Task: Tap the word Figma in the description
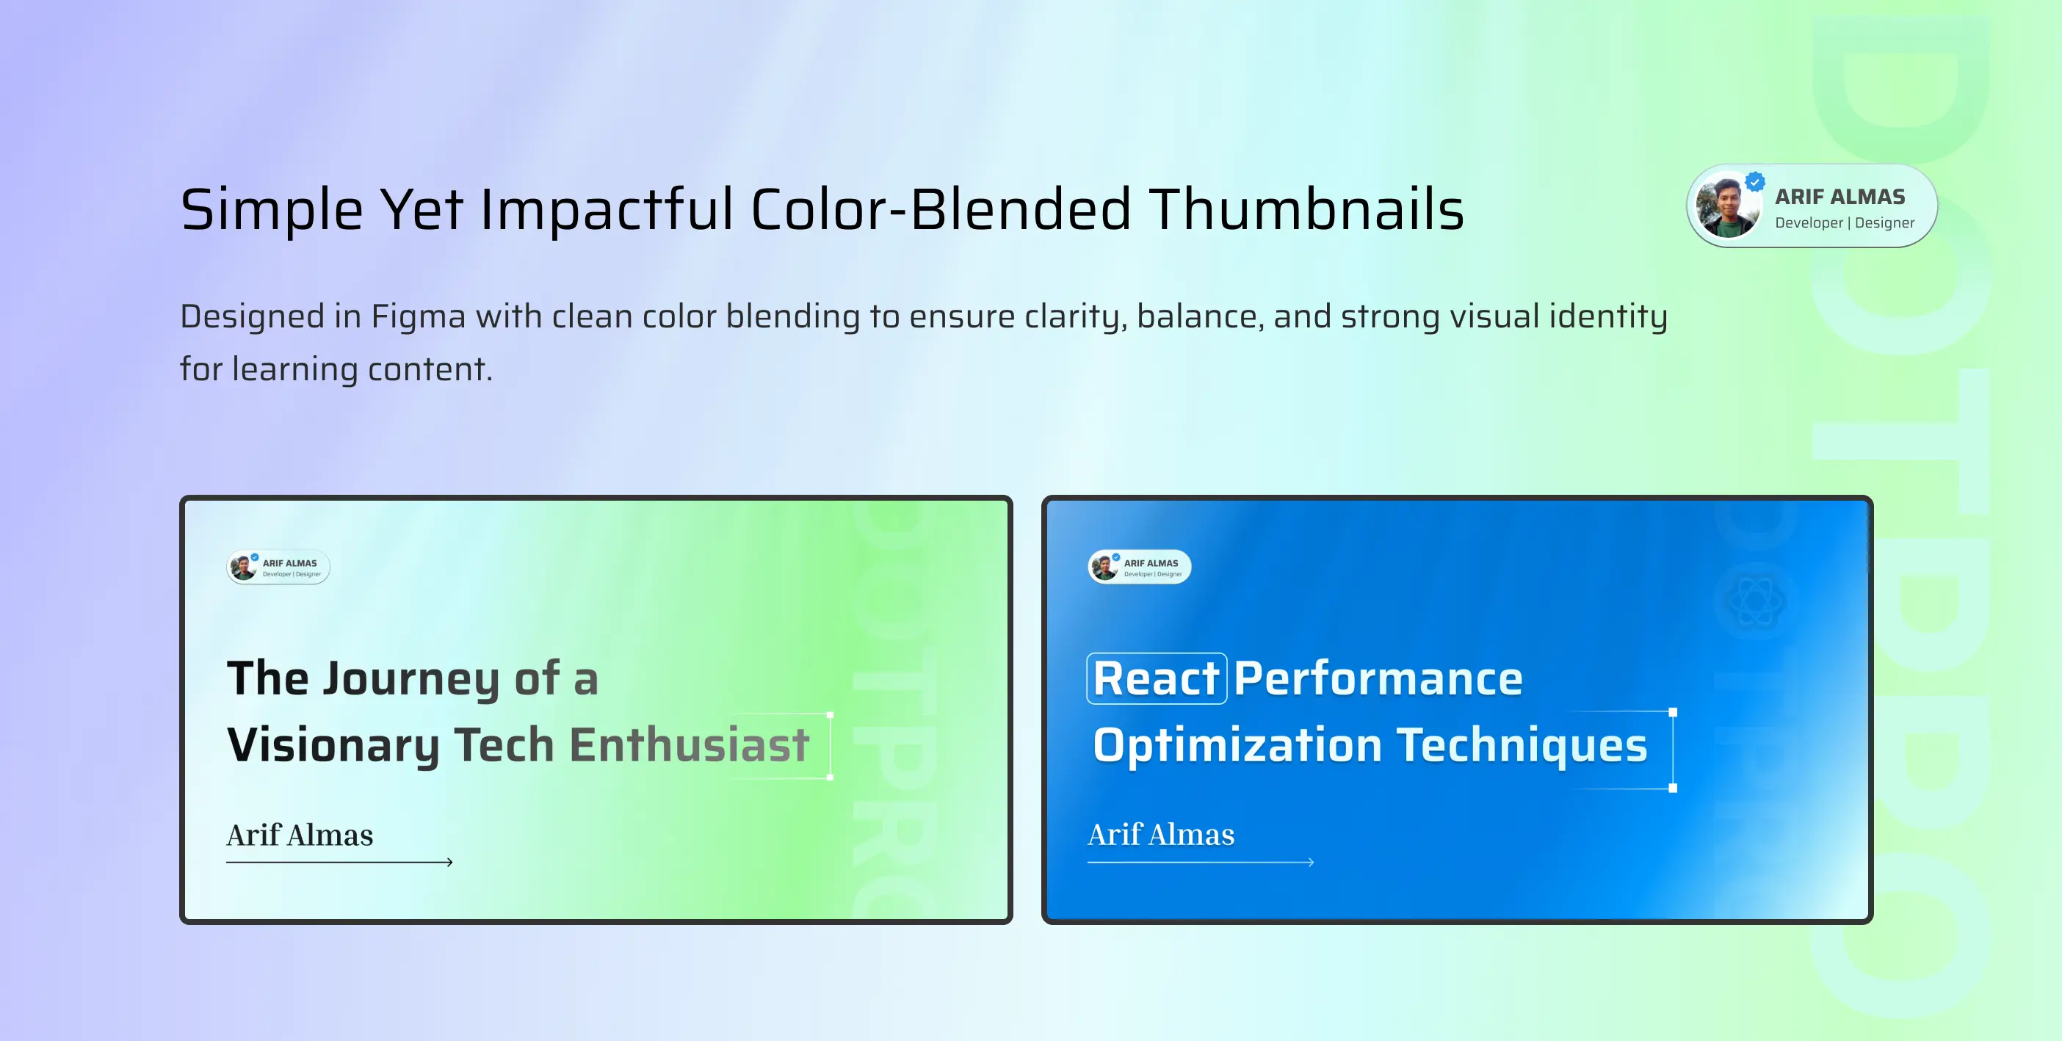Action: tap(418, 316)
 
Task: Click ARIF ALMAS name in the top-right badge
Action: tap(1839, 197)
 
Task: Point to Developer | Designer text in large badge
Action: tap(1845, 223)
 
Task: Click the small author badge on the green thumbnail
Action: tap(278, 567)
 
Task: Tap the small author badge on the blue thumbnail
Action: tap(1139, 567)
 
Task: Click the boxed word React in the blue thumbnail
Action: tap(1156, 679)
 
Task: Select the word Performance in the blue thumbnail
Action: tap(1378, 679)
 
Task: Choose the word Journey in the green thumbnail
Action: tap(410, 679)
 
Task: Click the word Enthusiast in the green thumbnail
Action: tap(688, 746)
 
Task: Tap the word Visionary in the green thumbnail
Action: tap(333, 746)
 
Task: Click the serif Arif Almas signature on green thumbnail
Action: tap(300, 835)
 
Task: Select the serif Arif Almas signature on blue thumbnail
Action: tap(1161, 835)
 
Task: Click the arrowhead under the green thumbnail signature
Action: tap(450, 863)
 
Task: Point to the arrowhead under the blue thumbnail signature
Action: tap(1312, 863)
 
